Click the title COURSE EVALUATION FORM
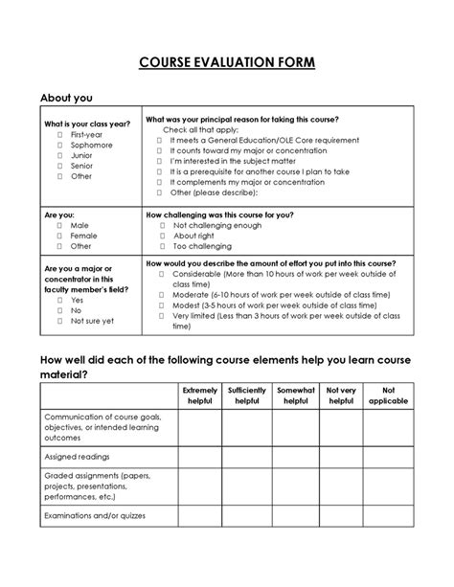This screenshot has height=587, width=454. [227, 63]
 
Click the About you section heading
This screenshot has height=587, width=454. [66, 98]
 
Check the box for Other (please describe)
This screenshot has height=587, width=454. [161, 192]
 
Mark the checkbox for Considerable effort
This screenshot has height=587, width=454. [161, 273]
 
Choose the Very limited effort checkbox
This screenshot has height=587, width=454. [161, 315]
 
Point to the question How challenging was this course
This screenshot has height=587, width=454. [219, 214]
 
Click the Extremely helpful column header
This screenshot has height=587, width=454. [200, 396]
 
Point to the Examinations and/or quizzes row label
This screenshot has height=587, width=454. [91, 516]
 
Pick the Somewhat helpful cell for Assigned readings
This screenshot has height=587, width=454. [296, 457]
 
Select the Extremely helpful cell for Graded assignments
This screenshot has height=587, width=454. [200, 486]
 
